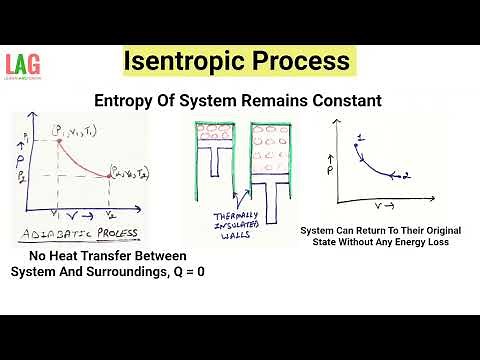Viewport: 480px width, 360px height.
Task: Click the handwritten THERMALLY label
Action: pos(237,217)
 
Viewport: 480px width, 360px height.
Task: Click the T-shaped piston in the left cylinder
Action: pos(210,170)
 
